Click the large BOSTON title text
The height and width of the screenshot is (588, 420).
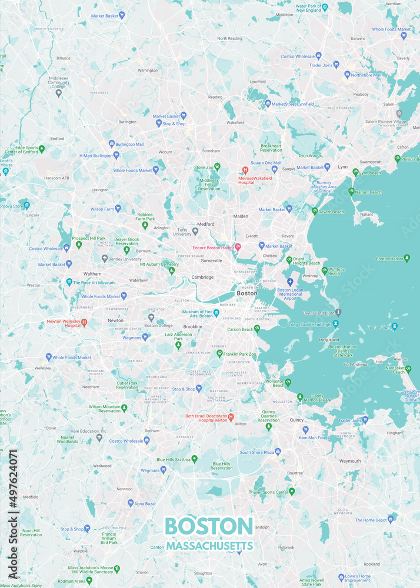point(209,526)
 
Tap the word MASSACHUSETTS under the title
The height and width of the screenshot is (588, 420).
point(209,546)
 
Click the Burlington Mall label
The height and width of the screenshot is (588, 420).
point(129,144)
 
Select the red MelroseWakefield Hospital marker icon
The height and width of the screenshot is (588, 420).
point(245,170)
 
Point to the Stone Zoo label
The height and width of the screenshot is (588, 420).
point(204,168)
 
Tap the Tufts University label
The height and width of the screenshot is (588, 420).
point(182,232)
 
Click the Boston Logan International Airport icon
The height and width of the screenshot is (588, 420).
point(289,282)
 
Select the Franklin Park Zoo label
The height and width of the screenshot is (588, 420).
point(240,354)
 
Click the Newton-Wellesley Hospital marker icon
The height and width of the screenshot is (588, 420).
point(84,322)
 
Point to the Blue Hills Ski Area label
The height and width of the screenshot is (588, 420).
point(173,459)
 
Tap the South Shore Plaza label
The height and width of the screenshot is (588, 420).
point(256,452)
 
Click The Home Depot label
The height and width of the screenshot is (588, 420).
point(371,520)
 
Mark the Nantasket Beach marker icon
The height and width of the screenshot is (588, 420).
point(408,369)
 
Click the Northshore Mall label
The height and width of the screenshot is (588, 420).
point(366,75)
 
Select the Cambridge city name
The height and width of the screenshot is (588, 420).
point(202,277)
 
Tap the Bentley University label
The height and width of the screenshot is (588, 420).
point(125,259)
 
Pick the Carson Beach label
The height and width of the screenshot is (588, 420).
point(239,330)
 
